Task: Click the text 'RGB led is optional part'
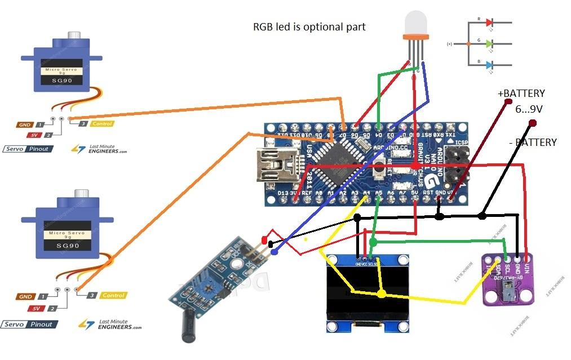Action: (x=309, y=26)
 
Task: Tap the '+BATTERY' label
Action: (x=521, y=94)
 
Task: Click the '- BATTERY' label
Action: (x=532, y=143)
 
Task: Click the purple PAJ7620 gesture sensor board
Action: (x=510, y=279)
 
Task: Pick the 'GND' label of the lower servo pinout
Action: (x=25, y=296)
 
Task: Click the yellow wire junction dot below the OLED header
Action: (x=382, y=294)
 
